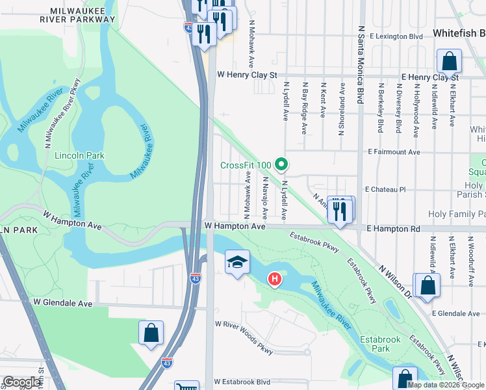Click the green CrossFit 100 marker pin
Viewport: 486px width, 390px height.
281,165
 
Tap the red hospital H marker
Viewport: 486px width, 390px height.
275,279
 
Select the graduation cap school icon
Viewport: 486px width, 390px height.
237,262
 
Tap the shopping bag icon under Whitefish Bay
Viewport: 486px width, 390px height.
449,63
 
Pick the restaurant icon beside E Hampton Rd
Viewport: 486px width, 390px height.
340,211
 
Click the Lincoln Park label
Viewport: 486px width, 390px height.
80,156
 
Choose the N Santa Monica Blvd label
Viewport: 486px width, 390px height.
359,65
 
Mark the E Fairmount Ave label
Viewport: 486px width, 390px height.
394,151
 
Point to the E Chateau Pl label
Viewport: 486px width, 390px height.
385,189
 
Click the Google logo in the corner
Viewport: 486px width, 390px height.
21,382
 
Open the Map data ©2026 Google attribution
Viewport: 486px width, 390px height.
446,385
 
